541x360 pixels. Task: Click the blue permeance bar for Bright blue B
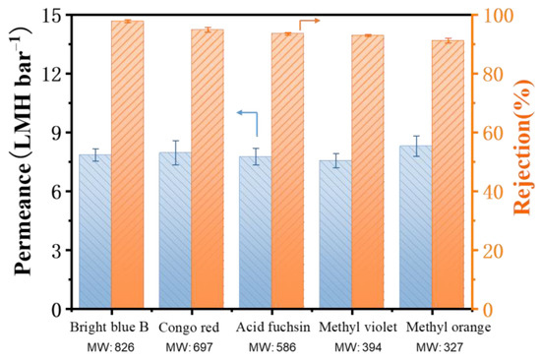coord(95,231)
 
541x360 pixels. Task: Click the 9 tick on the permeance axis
coord(60,133)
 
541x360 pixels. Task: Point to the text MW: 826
coord(110,347)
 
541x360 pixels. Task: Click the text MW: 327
coord(431,347)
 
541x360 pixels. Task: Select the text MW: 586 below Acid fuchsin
coord(270,347)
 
